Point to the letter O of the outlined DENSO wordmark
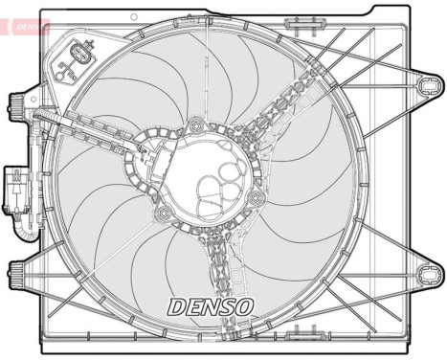tap(243, 307)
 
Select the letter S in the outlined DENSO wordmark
tap(226, 307)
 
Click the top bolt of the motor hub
tap(197, 124)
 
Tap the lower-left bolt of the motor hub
tap(165, 213)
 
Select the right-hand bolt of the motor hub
tap(256, 198)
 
